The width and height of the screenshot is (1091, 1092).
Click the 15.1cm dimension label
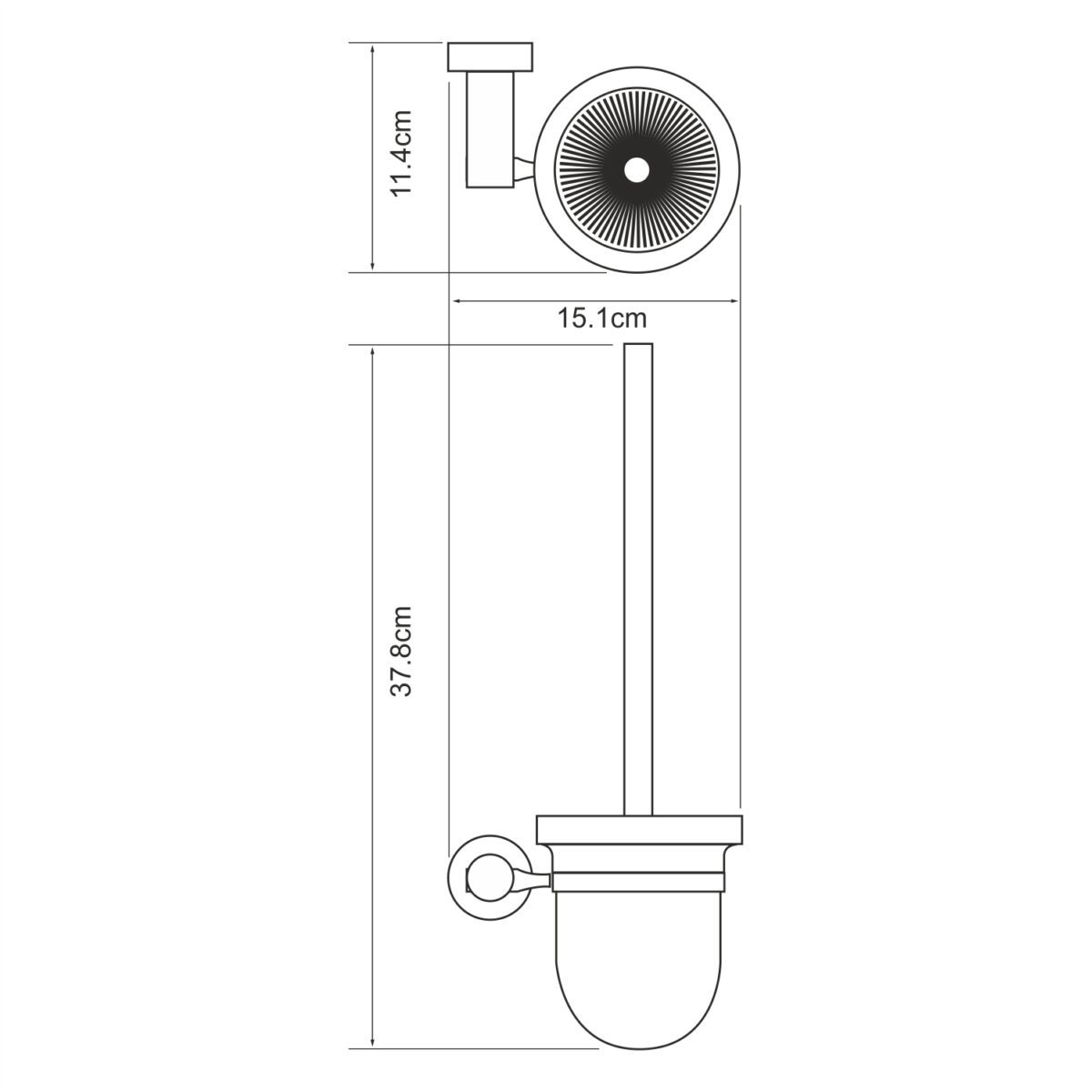click(601, 318)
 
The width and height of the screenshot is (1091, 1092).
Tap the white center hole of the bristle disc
click(636, 169)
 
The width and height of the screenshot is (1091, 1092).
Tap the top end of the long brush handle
click(639, 347)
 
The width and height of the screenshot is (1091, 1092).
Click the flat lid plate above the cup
click(640, 829)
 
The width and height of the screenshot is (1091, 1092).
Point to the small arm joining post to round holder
click(525, 167)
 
